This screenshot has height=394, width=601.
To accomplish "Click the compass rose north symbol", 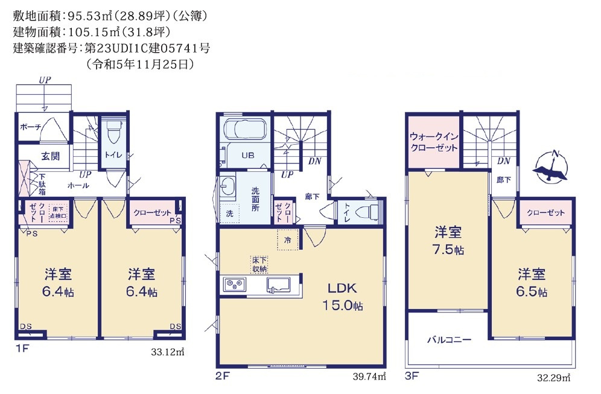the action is (550, 167).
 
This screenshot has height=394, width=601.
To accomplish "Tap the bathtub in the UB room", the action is (245, 129).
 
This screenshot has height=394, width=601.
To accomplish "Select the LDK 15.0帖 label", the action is (342, 297).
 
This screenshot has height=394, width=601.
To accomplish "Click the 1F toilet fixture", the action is (113, 132).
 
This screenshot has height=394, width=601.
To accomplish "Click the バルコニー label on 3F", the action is (449, 340).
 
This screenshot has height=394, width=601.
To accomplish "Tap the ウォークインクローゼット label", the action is (434, 142).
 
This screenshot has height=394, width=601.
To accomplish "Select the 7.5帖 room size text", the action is (448, 250).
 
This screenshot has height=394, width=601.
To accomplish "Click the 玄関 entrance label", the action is (50, 156).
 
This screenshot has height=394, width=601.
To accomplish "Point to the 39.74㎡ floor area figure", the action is (369, 377).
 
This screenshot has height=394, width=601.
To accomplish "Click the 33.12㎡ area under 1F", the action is (168, 351).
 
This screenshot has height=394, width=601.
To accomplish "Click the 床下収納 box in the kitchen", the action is (259, 264).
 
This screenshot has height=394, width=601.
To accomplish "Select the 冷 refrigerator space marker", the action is (287, 240).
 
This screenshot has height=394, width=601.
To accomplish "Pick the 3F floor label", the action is (412, 376).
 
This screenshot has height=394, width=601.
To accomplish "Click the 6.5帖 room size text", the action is (531, 291).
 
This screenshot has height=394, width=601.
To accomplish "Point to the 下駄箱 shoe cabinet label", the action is (42, 184).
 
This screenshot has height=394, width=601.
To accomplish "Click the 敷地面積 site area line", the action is (110, 15).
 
